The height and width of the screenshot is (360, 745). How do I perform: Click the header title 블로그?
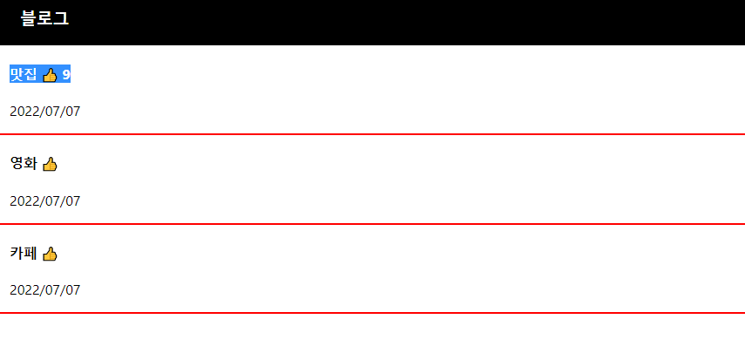[44, 18]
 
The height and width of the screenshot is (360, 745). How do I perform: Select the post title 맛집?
[24, 75]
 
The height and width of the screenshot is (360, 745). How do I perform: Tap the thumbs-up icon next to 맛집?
[50, 75]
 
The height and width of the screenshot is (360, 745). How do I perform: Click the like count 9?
[66, 75]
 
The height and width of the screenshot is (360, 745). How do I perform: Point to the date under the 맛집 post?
[44, 112]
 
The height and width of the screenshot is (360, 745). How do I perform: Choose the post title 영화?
[24, 163]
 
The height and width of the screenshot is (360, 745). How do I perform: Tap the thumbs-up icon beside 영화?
[50, 164]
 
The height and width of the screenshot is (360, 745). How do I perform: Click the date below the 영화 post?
[44, 201]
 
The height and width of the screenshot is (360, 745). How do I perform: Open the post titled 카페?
[24, 254]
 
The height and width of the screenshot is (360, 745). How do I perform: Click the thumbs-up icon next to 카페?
[50, 254]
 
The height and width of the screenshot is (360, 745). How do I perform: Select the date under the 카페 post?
[44, 290]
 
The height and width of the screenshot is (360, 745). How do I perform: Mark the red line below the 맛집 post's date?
[372, 134]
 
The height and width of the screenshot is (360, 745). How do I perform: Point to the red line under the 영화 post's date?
[372, 224]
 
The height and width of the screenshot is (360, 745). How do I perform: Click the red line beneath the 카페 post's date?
[372, 312]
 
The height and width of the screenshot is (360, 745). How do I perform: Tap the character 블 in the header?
[29, 18]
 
